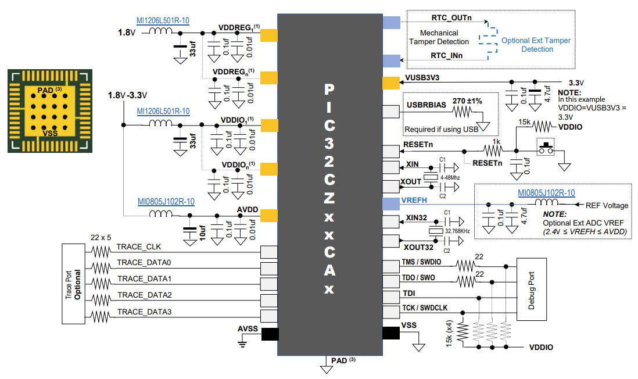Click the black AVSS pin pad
(x=270, y=334)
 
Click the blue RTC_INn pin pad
(x=390, y=60)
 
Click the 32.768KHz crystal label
(x=457, y=231)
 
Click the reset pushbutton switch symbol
(x=546, y=146)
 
